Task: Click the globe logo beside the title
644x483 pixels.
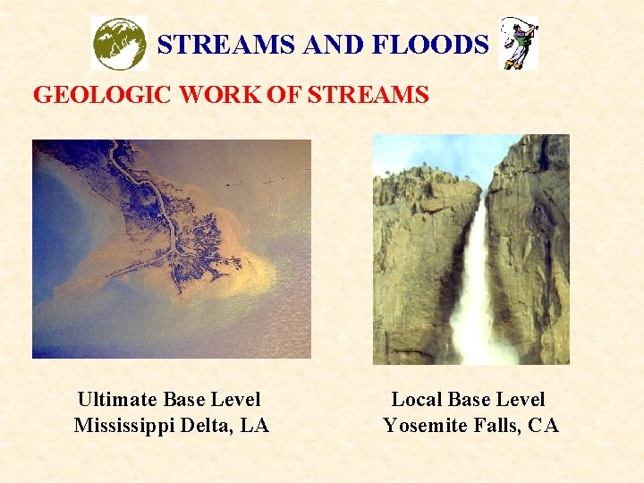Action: click(120, 43)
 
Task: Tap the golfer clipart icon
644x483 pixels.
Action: click(519, 43)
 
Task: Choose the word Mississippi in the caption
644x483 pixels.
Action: click(125, 426)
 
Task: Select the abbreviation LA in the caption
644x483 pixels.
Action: click(255, 426)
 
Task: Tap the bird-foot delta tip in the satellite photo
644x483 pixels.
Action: click(234, 262)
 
